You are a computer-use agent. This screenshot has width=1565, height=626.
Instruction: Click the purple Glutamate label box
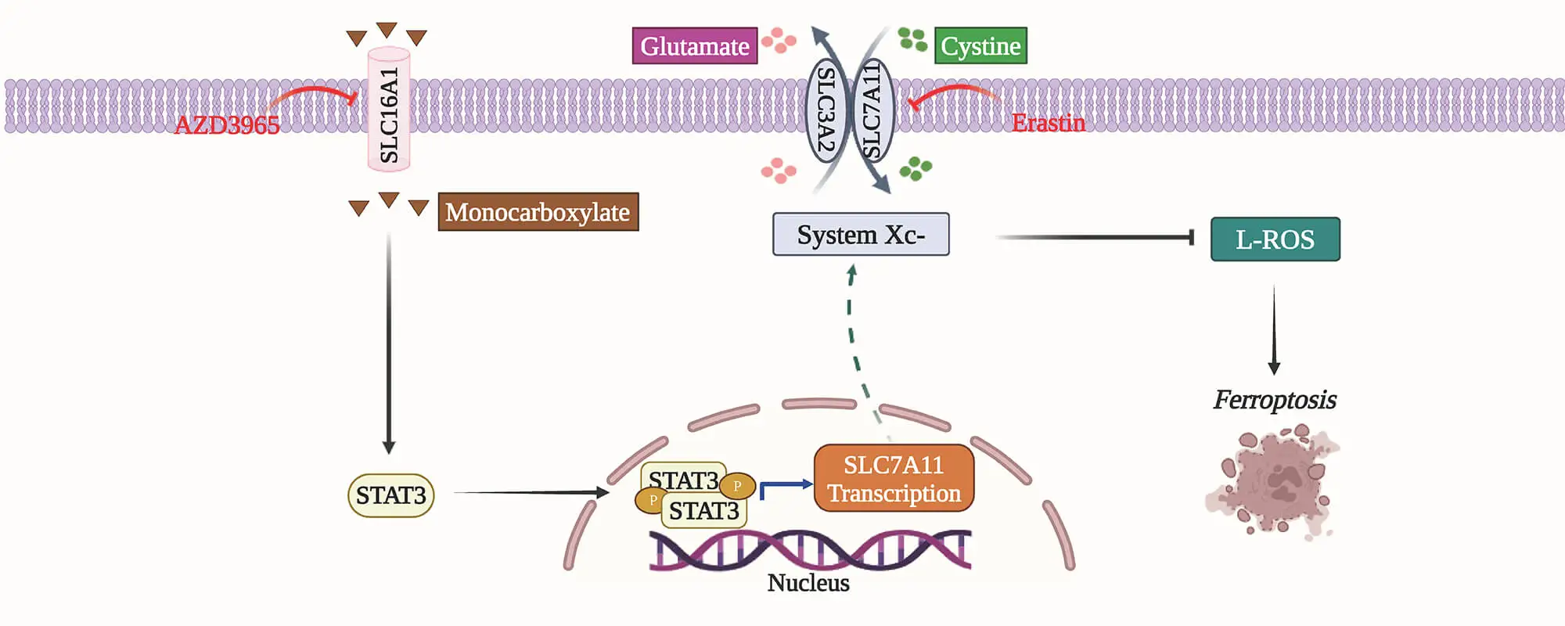(694, 45)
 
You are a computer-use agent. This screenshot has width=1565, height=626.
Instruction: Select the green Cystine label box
(980, 45)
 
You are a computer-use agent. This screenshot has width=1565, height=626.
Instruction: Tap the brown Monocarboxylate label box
(538, 212)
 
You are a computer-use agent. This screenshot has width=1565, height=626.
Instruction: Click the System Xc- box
(861, 235)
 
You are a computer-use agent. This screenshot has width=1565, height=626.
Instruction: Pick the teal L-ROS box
(1275, 239)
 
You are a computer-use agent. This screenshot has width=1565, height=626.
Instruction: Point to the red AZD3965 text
(226, 125)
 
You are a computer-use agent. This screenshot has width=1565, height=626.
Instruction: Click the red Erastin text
(1048, 123)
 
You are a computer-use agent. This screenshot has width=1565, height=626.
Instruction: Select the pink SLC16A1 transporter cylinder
(389, 110)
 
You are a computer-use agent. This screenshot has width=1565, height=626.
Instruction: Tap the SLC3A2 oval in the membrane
(826, 110)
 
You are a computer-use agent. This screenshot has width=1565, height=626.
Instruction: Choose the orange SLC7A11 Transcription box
(894, 479)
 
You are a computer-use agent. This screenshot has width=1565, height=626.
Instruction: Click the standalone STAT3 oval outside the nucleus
(390, 495)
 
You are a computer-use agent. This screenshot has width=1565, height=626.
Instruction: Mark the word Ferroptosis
(1274, 400)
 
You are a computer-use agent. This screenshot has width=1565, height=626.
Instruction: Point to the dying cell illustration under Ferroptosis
(1273, 481)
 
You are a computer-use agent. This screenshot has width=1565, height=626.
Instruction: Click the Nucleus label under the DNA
(808, 583)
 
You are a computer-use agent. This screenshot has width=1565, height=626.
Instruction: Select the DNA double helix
(810, 549)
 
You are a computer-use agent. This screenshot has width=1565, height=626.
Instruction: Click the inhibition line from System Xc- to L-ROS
(1095, 236)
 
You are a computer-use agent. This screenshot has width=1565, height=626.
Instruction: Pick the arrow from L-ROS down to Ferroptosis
(1274, 329)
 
